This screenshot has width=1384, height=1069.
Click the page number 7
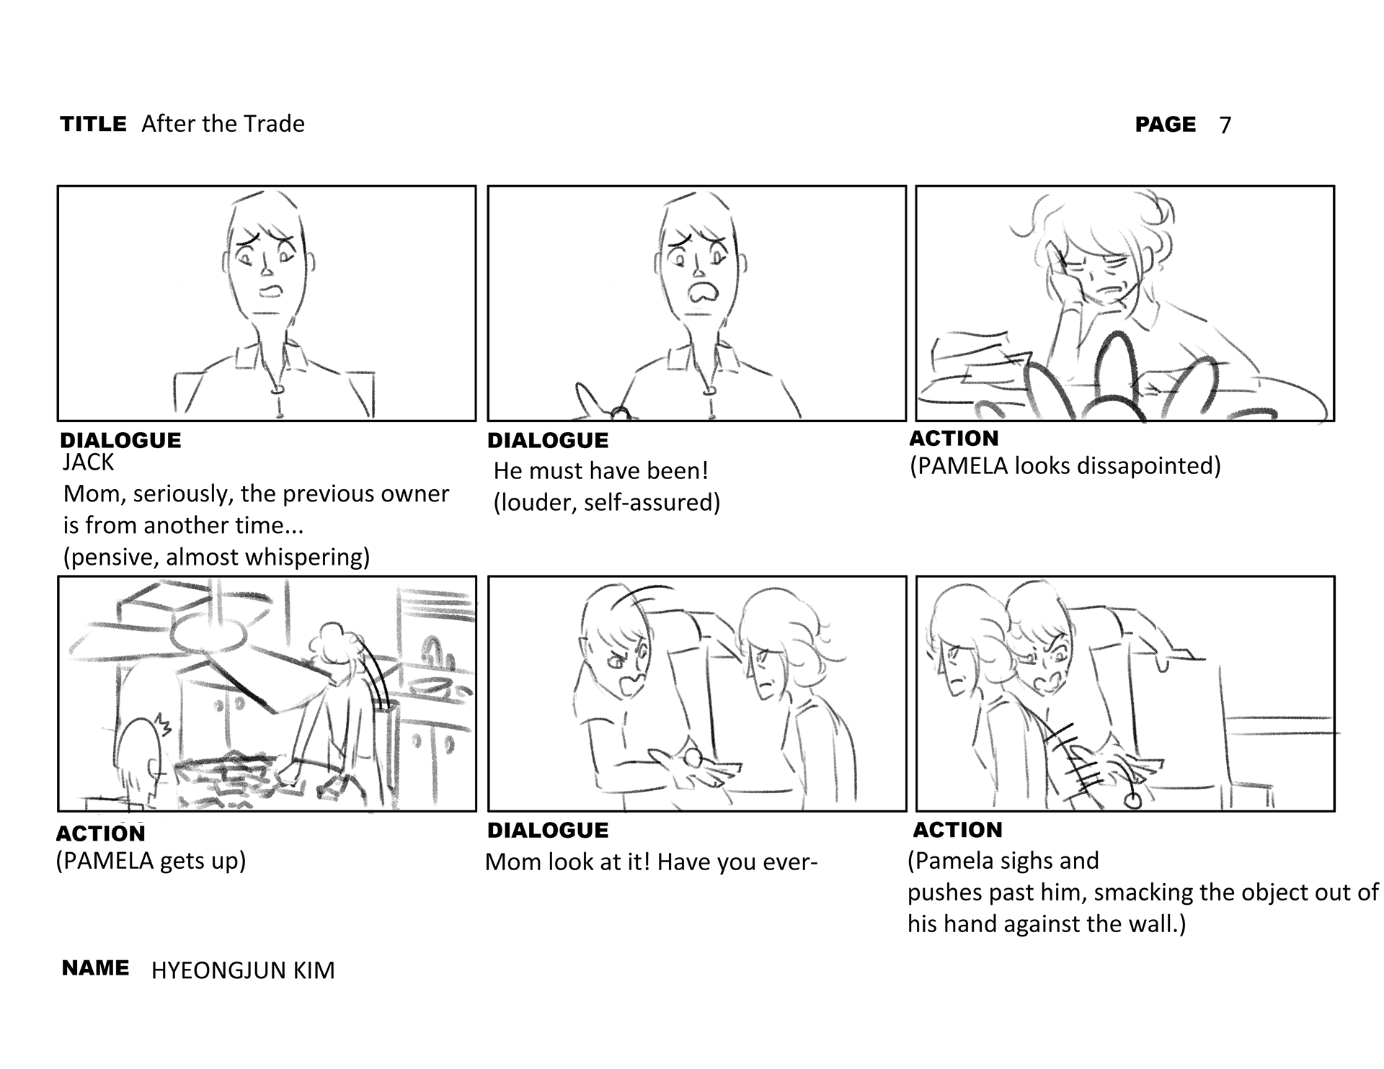coord(1225,125)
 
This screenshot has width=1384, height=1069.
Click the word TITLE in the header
coord(94,124)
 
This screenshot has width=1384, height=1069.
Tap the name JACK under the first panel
coord(88,462)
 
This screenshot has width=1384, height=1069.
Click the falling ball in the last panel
coord(1134,801)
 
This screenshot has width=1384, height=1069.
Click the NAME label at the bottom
coord(95,968)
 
